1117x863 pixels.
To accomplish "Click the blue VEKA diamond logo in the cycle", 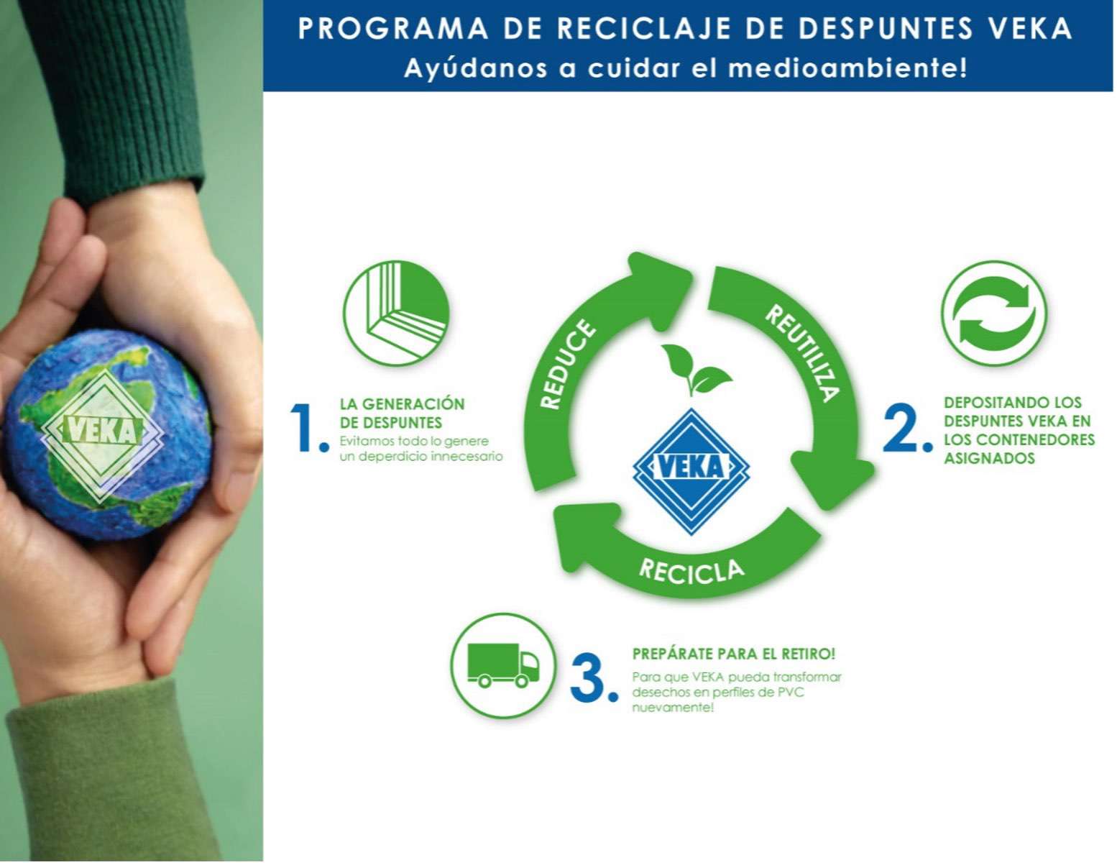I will click(691, 468).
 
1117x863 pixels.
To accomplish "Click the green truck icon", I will click(503, 665).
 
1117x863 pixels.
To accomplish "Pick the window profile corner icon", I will click(396, 314).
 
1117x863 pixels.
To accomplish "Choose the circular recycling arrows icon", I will click(994, 314).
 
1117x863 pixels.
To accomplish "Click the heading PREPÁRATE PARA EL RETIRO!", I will click(733, 654).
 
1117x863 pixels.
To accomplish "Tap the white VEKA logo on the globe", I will click(103, 431).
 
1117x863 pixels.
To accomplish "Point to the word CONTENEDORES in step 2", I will click(1035, 439).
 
